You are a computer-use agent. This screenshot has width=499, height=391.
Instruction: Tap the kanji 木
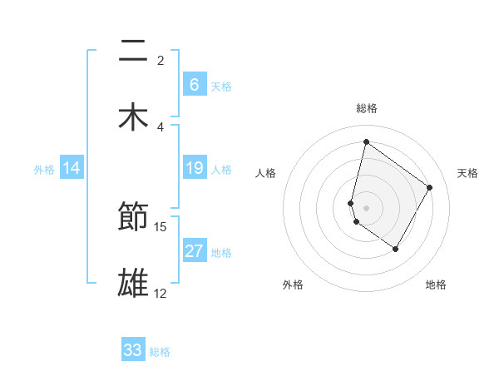click(x=133, y=117)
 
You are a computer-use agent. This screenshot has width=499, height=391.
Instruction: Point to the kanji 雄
click(x=133, y=283)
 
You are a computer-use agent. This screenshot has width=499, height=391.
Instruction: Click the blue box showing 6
click(x=194, y=84)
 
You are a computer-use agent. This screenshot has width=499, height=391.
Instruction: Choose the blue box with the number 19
click(x=194, y=169)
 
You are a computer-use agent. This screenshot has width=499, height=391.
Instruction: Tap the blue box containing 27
click(x=194, y=251)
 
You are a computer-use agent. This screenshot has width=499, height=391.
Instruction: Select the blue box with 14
click(x=72, y=169)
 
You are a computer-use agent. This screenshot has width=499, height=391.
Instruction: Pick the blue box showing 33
click(x=133, y=350)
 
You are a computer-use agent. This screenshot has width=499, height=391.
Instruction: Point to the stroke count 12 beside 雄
click(x=161, y=293)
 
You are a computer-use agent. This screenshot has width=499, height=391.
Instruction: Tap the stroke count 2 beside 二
click(x=161, y=60)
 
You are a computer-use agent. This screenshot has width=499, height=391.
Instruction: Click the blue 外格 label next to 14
click(x=44, y=170)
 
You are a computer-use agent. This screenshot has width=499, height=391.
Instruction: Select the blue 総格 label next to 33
click(x=160, y=352)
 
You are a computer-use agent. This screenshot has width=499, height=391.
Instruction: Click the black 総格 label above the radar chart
click(x=366, y=108)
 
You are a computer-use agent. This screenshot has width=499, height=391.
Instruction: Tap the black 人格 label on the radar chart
click(x=266, y=173)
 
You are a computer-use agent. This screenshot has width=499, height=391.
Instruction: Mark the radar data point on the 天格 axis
click(x=430, y=187)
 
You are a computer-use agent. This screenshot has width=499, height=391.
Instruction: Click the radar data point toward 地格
click(x=395, y=249)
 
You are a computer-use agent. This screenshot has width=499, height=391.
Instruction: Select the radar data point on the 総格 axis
click(x=366, y=141)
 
